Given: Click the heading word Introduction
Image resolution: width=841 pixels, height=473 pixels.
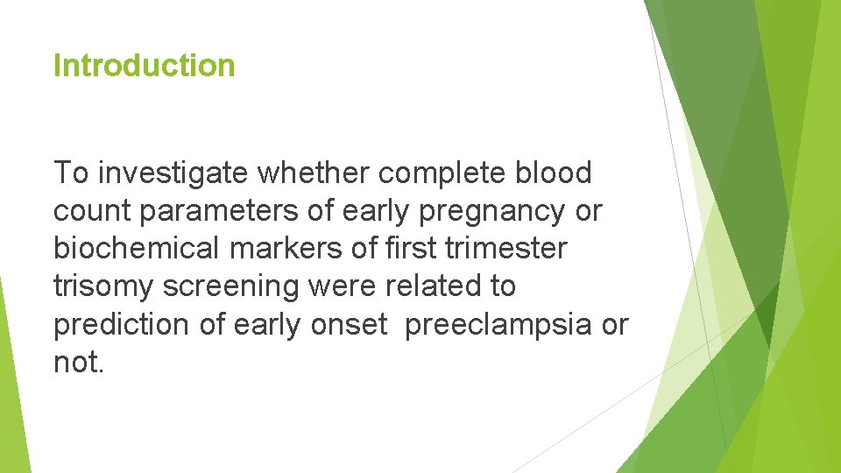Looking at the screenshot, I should (x=144, y=66).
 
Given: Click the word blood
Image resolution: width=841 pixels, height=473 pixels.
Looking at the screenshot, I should (x=554, y=173).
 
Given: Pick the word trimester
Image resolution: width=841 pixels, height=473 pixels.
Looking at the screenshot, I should (x=506, y=249).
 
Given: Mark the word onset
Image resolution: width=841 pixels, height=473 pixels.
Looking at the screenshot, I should (x=349, y=324).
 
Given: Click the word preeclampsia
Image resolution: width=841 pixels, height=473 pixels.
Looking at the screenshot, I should (x=498, y=324).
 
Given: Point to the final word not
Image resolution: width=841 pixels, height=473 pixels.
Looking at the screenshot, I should (x=77, y=362).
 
